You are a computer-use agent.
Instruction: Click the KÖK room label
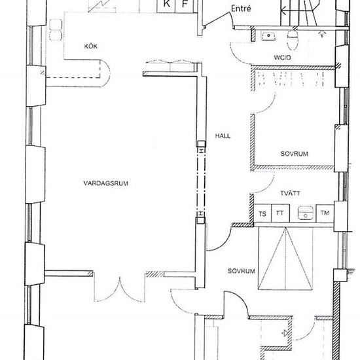coord(91,46)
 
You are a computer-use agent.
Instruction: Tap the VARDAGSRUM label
coord(105,183)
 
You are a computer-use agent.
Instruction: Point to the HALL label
coord(223,136)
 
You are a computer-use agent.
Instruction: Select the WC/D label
coord(282,58)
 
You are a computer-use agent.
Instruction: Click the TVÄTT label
coord(290,193)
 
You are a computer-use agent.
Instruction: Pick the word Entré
coord(241,9)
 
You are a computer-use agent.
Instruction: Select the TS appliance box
coord(262,213)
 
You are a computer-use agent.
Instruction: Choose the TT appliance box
coord(280,213)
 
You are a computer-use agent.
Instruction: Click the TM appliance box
coord(325,213)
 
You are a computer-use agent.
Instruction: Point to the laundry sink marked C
coord(306,213)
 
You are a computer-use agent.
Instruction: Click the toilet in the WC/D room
coord(293,39)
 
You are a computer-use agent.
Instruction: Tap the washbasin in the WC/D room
coord(268,36)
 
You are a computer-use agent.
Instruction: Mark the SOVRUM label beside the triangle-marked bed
coord(242,271)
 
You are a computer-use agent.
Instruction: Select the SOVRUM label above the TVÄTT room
coord(294,154)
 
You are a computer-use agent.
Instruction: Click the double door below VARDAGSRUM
coord(119,289)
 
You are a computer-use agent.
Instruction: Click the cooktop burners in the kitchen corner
coord(56,30)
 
